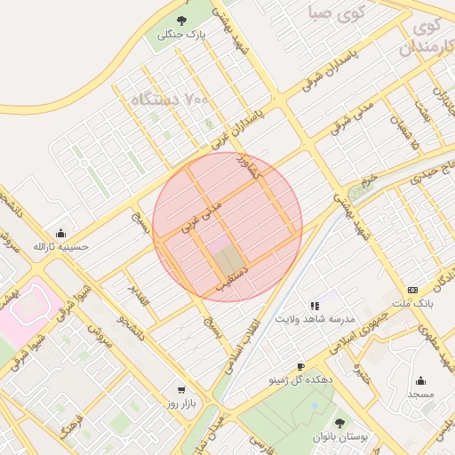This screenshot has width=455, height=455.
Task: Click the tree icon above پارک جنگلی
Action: tap(182, 20)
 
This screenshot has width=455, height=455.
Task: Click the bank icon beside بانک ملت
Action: tap(412, 290)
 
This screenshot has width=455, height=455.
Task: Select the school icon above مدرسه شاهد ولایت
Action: tap(315, 305)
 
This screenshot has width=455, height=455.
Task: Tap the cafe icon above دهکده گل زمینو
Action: tap(300, 366)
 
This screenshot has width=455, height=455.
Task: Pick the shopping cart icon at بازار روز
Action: tap(182, 390)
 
